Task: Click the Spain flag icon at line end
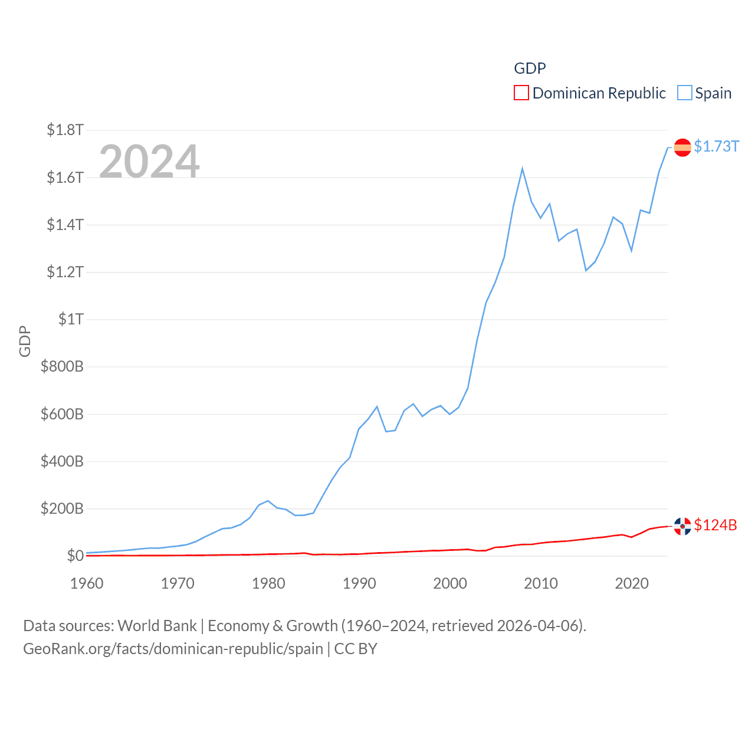click(682, 147)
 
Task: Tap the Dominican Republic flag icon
click(682, 526)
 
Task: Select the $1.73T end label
click(716, 146)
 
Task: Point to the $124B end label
click(715, 525)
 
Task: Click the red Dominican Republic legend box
click(521, 93)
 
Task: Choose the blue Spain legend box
click(684, 93)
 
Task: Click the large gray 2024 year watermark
click(149, 161)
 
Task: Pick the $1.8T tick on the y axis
click(65, 130)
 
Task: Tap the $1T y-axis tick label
click(71, 319)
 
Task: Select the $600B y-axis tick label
click(62, 414)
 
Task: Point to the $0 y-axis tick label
click(75, 556)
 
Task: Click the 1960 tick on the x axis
click(87, 583)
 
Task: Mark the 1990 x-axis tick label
click(359, 583)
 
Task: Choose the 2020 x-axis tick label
click(632, 583)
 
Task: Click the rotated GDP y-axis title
click(25, 341)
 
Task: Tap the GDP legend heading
click(530, 68)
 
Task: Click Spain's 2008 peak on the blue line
click(522, 169)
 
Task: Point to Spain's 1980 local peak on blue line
click(268, 501)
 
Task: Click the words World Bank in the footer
click(157, 625)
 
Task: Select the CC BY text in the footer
click(355, 649)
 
